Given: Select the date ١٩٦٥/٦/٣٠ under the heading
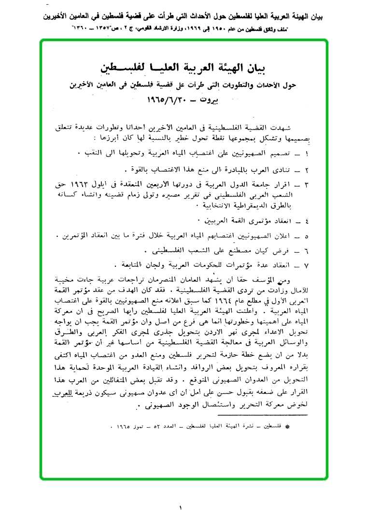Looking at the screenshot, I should click(x=167, y=102).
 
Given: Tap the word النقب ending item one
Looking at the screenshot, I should click(x=89, y=153).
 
